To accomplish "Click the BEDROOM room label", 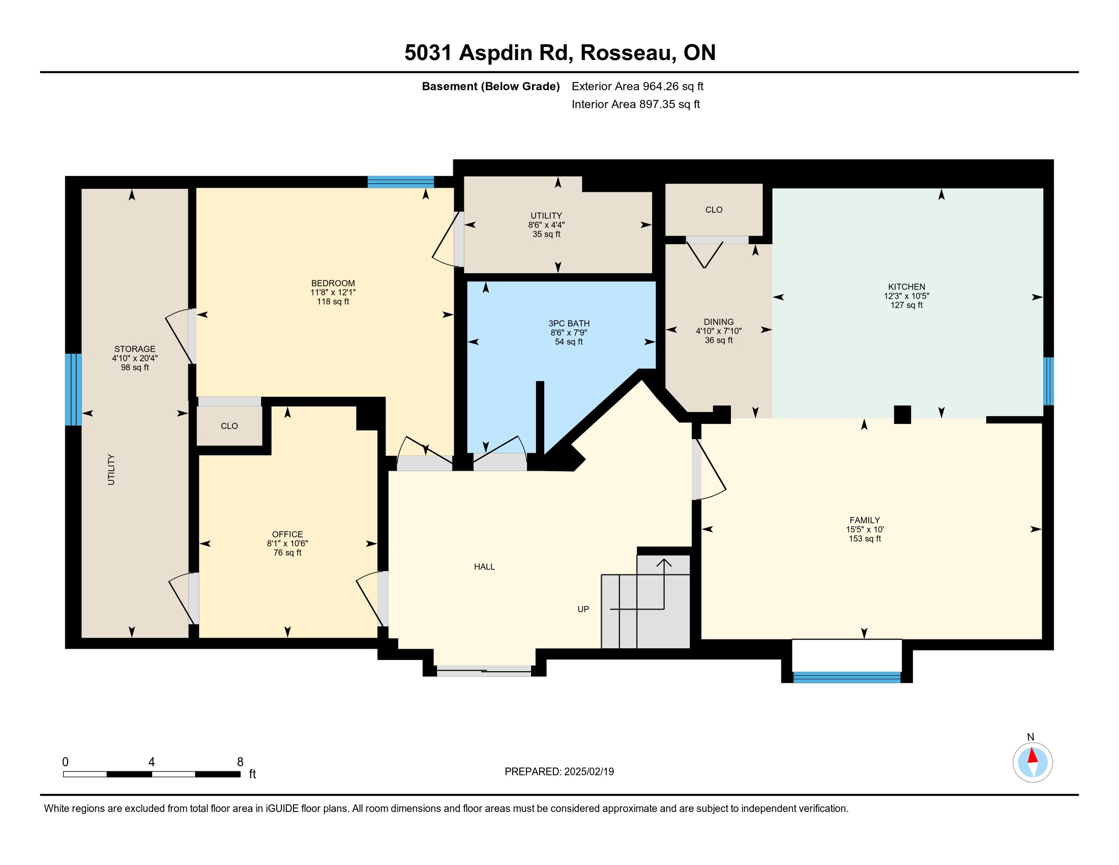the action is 333,283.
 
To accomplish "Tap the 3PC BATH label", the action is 569,323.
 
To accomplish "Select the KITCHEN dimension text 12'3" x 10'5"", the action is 906,296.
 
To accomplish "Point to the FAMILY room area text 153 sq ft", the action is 865,538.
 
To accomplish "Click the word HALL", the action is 484,567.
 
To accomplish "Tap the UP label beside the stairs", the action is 583,609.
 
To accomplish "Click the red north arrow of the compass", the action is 1033,756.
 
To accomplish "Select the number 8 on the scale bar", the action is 240,762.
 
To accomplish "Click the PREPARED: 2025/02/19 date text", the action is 559,772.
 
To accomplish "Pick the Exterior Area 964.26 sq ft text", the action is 637,86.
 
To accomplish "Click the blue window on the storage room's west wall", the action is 73,389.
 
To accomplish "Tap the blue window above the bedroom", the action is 401,182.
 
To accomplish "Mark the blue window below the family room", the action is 847,677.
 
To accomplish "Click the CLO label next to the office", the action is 229,426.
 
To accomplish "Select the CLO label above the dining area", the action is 714,210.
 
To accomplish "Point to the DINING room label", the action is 718,322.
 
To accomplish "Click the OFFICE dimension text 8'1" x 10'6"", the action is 287,544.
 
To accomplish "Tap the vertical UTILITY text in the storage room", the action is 111,470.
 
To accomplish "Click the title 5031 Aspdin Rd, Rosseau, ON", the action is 560,52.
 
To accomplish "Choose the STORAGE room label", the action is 135,349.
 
